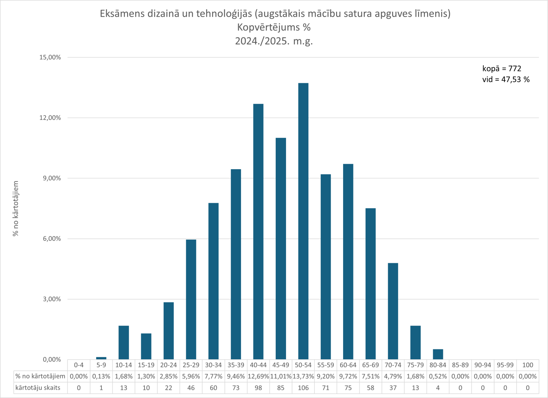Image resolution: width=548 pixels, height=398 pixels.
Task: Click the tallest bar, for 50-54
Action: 303,221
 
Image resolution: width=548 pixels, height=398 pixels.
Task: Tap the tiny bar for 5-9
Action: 101,358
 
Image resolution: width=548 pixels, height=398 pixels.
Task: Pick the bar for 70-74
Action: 393,311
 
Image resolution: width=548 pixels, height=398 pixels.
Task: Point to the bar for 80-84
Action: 438,354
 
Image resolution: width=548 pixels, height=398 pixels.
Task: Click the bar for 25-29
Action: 191,299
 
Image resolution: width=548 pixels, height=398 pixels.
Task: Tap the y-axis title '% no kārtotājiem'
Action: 16,208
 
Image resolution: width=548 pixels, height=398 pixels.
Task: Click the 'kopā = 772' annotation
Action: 502,69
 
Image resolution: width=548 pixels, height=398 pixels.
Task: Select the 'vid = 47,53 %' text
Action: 506,80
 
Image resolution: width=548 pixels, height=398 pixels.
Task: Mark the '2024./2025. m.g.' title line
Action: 274,41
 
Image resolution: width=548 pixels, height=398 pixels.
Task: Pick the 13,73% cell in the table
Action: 303,376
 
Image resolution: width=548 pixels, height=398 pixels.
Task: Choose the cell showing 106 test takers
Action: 303,388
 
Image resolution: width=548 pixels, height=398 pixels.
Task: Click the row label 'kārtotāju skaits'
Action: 38,388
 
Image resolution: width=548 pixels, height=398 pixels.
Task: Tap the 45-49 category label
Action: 281,365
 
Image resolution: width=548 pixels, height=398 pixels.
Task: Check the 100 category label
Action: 528,365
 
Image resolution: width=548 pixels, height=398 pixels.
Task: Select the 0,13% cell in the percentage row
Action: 101,376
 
